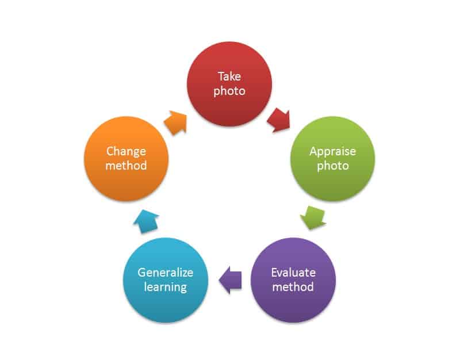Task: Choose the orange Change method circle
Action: [126, 159]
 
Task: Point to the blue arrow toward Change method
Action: [147, 220]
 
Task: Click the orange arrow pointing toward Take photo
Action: [175, 121]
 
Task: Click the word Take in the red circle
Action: [229, 76]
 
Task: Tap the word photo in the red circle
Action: [229, 91]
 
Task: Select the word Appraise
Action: [332, 151]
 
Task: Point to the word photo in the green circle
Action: [332, 166]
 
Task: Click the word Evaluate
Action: [293, 272]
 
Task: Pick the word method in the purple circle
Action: [293, 286]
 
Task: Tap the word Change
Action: [126, 151]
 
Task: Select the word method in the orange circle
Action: [126, 166]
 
